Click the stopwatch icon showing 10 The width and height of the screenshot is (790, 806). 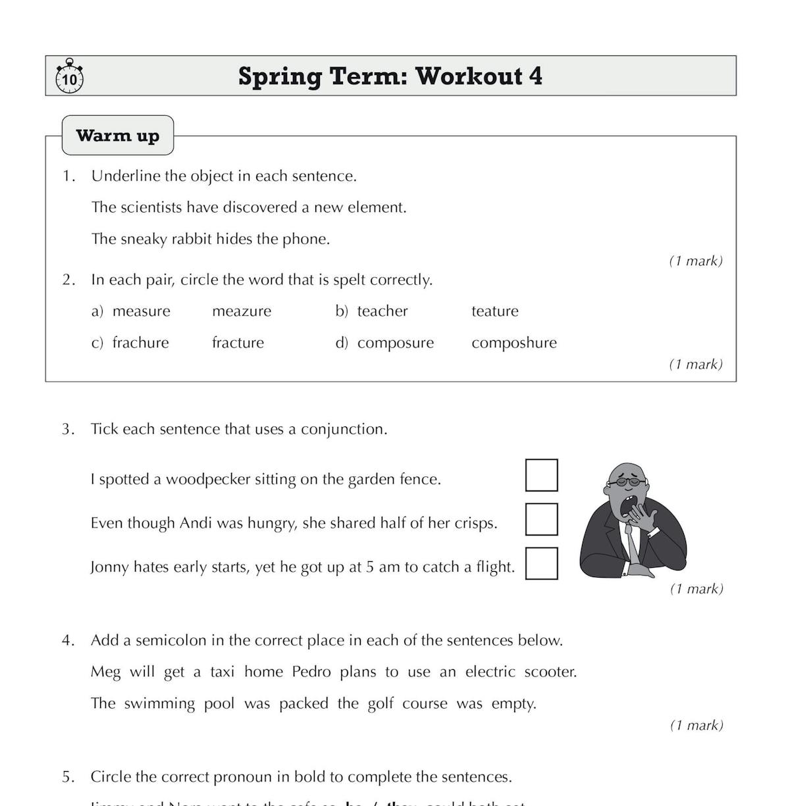pyautogui.click(x=69, y=77)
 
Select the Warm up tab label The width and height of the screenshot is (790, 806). pyautogui.click(x=118, y=136)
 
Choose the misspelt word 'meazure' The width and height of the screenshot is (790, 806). pyautogui.click(x=241, y=311)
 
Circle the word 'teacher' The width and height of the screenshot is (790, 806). pyautogui.click(x=382, y=311)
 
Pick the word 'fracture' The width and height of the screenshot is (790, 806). pyautogui.click(x=238, y=343)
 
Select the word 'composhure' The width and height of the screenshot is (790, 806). pyautogui.click(x=513, y=343)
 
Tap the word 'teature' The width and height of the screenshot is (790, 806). pyautogui.click(x=494, y=311)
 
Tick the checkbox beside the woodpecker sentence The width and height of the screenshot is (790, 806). pyautogui.click(x=541, y=475)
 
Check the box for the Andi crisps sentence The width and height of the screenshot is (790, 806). pyautogui.click(x=541, y=519)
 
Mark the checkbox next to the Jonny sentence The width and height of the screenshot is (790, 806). pyautogui.click(x=541, y=563)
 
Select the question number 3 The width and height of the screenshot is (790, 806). pyautogui.click(x=68, y=430)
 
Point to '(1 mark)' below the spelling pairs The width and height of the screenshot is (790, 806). pyautogui.click(x=696, y=365)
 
